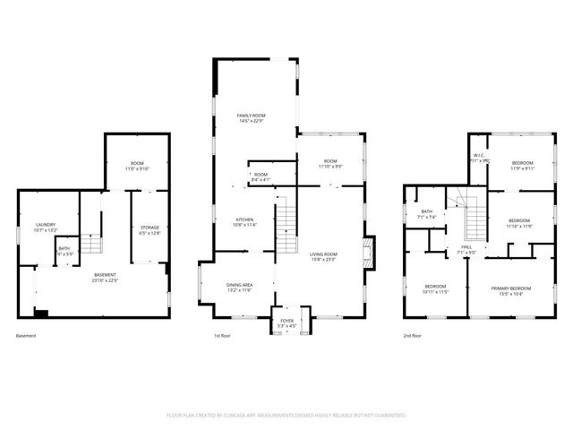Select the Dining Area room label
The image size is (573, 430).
[238, 285]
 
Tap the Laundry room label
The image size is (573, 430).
[46, 224]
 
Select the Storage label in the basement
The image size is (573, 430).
[150, 228]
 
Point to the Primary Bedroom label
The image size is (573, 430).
[510, 288]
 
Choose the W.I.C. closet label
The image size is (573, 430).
[479, 155]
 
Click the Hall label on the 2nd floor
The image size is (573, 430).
[466, 246]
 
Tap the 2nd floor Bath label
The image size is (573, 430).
[426, 211]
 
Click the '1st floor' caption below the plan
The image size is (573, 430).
[223, 335]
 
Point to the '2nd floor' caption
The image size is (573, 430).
[413, 335]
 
